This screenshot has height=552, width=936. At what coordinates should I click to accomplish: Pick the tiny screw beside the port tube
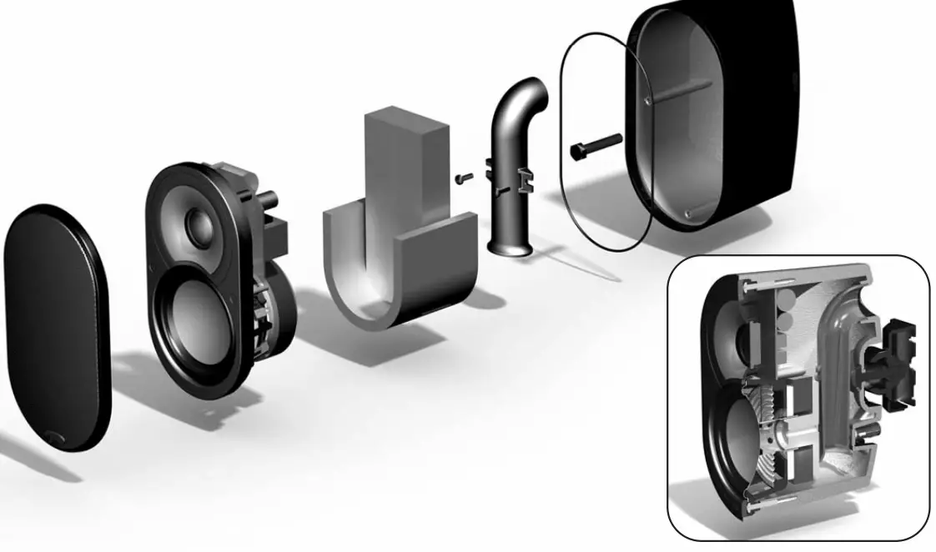(x=464, y=177)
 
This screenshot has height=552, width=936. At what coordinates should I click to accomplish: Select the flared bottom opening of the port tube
(x=511, y=247)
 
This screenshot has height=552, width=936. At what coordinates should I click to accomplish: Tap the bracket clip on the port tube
(x=524, y=176)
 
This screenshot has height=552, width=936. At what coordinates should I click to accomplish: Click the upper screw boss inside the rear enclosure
(x=648, y=101)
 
